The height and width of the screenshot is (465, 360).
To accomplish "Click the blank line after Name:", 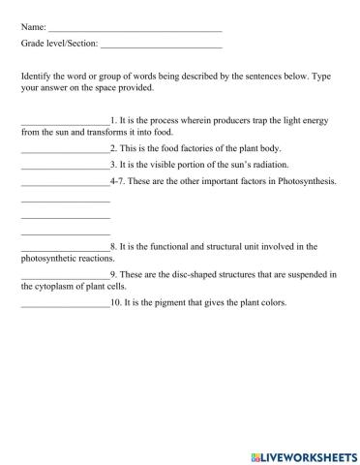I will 135,28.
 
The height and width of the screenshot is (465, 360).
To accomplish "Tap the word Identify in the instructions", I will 37,75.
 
